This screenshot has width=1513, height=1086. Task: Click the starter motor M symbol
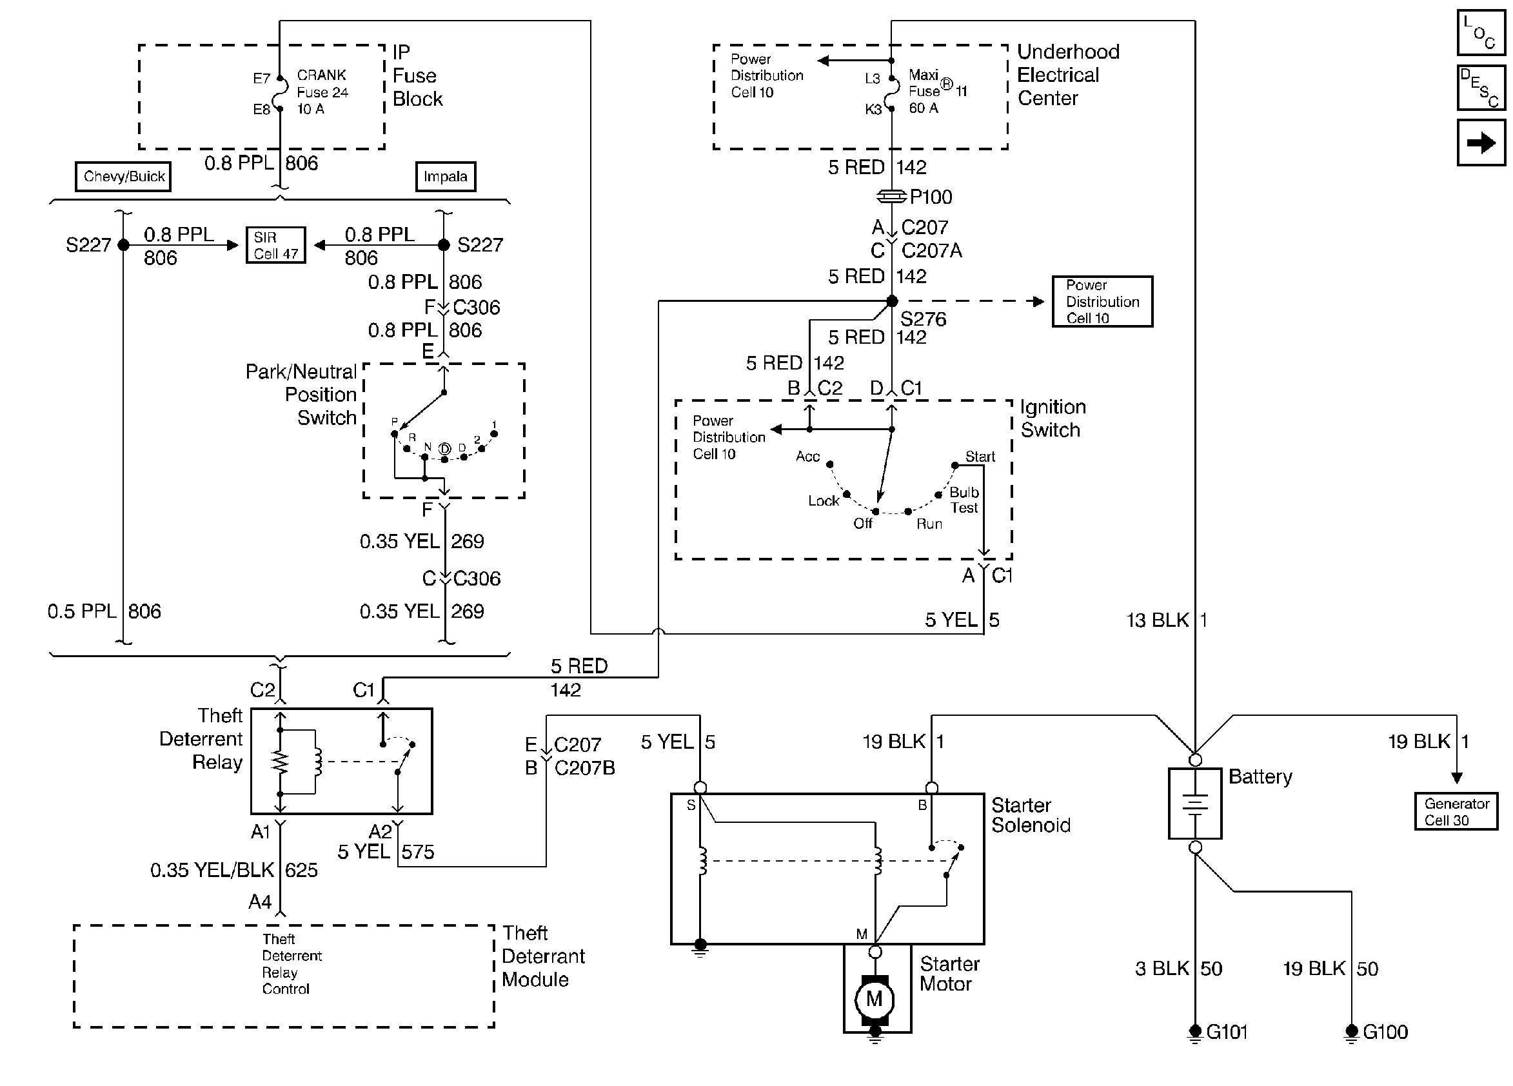[874, 998]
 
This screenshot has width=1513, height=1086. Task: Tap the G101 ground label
[1227, 1032]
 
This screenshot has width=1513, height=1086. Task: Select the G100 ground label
[1385, 1032]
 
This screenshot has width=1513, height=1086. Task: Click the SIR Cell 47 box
[275, 245]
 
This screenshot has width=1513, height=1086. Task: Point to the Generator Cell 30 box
[1456, 811]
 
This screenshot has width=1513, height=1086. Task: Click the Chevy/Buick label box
[123, 177]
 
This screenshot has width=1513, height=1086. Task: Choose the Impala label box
[445, 177]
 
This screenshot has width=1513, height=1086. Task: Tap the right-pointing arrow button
[1481, 142]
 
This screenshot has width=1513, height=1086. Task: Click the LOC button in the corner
[1481, 32]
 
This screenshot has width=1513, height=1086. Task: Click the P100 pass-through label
[931, 197]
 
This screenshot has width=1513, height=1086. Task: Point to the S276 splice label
[924, 319]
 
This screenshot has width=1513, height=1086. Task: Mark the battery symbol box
[1195, 803]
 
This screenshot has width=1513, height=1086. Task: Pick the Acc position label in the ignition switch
[807, 457]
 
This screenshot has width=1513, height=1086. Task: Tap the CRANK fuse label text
[322, 75]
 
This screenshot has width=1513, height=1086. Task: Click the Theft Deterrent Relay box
[341, 761]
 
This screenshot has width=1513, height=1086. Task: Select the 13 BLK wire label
[1158, 620]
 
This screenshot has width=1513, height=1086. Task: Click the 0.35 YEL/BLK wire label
[212, 870]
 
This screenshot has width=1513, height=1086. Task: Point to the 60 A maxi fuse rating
[924, 108]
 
